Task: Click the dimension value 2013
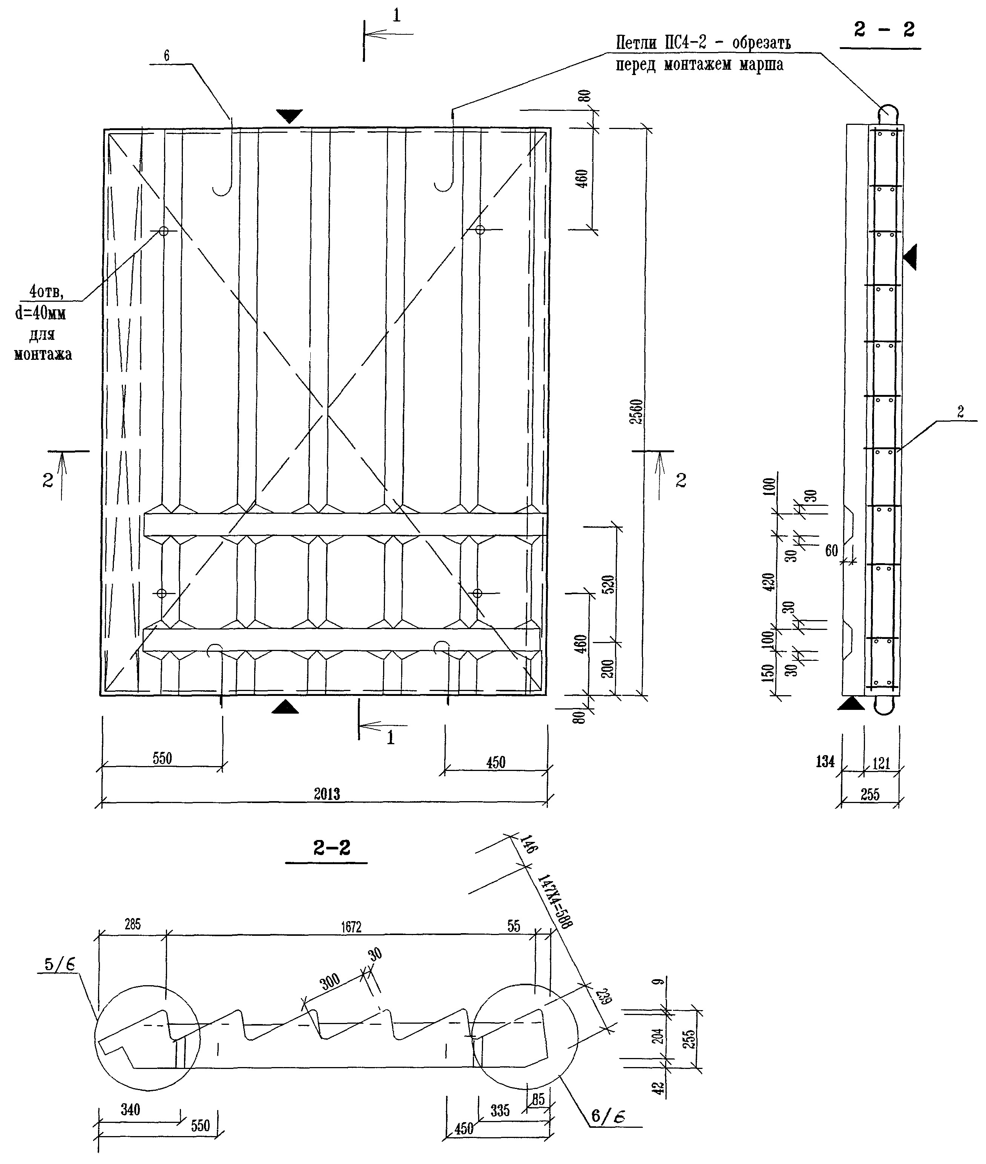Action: click(x=327, y=794)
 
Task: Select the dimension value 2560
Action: click(x=636, y=412)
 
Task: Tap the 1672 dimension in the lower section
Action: click(x=351, y=927)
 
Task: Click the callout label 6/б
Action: click(x=607, y=1116)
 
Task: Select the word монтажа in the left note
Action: click(x=43, y=355)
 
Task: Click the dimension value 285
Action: click(x=132, y=924)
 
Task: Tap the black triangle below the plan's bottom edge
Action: click(x=285, y=707)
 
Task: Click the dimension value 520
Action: click(x=609, y=584)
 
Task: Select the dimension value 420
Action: click(x=770, y=582)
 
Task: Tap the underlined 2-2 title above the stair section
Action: click(x=331, y=848)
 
